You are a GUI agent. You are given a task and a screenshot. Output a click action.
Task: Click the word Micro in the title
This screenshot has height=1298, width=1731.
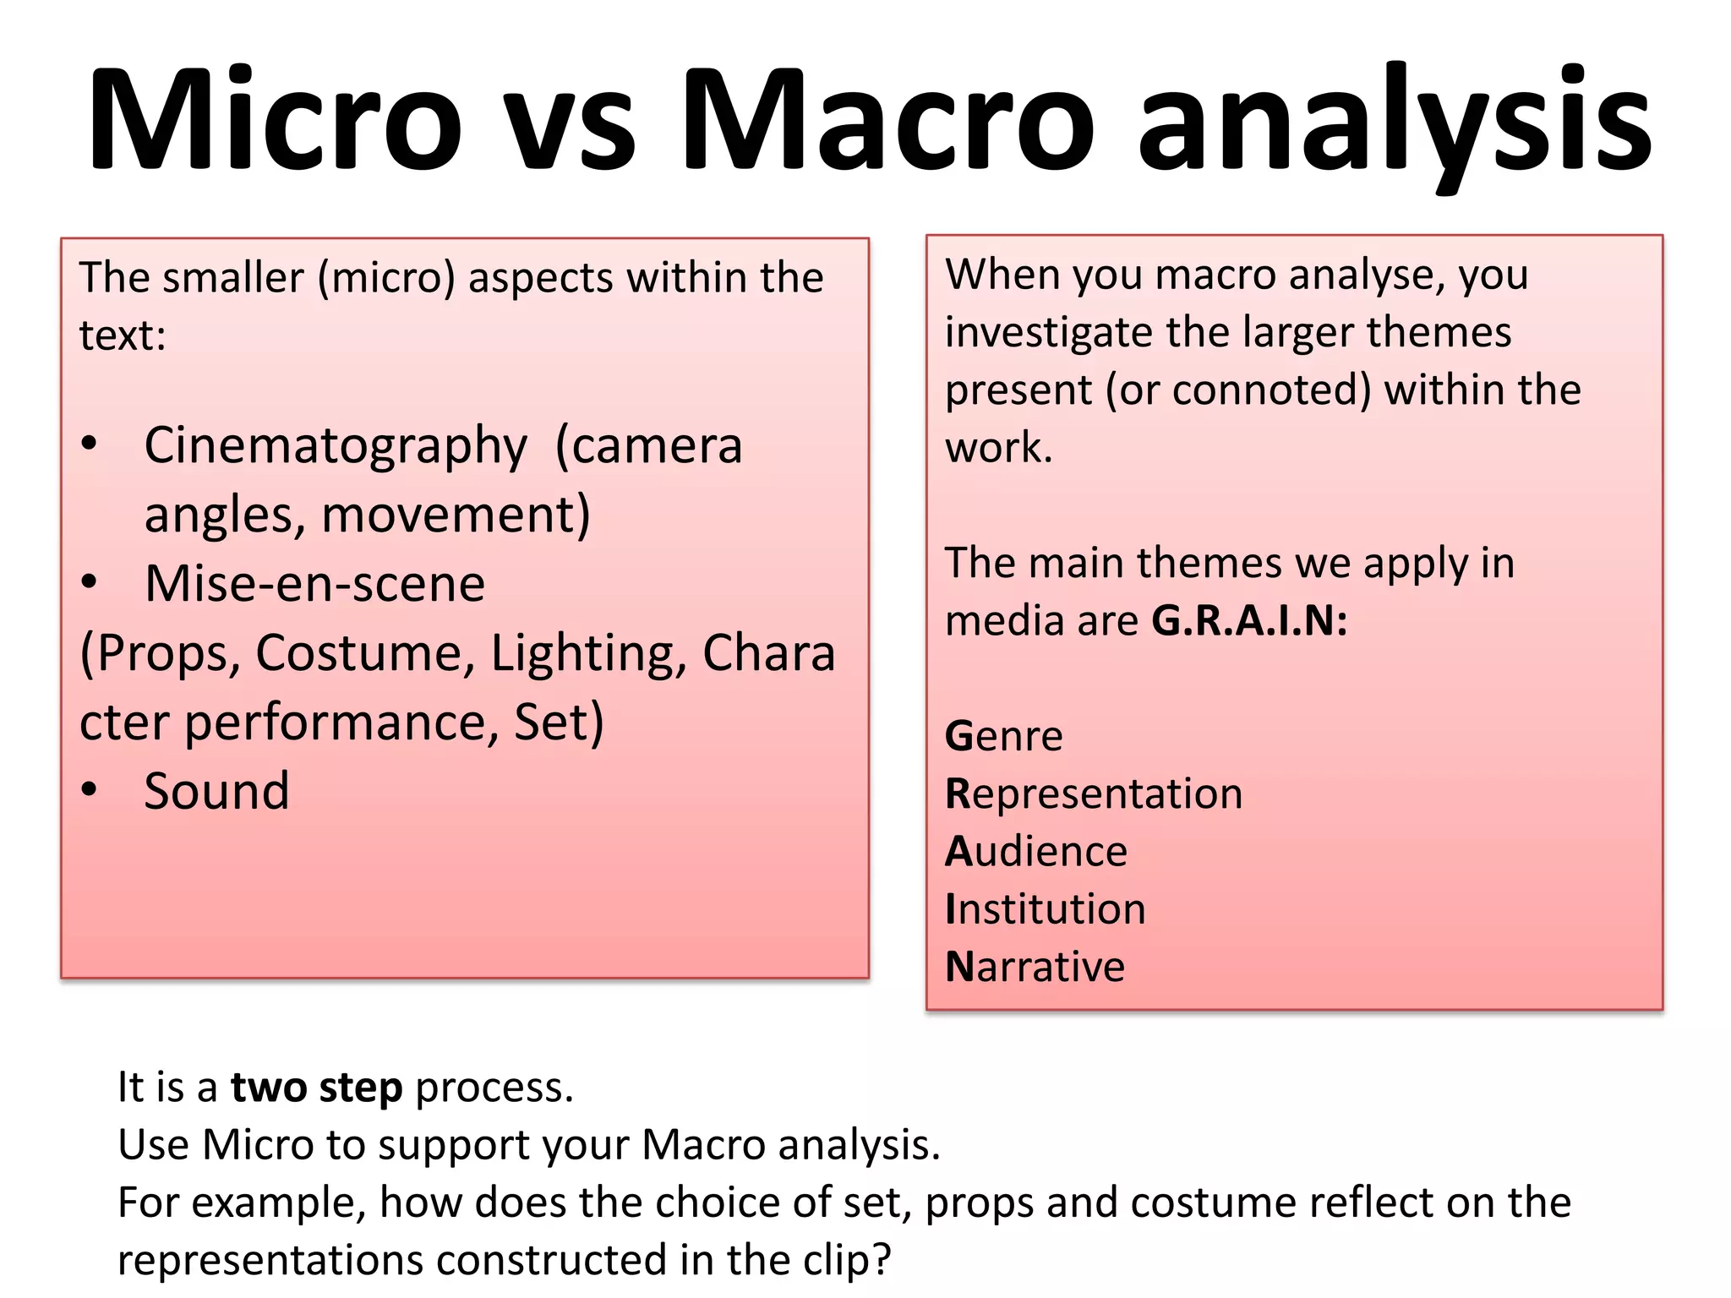pyautogui.click(x=276, y=119)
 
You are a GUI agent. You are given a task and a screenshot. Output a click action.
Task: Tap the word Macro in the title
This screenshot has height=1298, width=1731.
pyautogui.click(x=887, y=119)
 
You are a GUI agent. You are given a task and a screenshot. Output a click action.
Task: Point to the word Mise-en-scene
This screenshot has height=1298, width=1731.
pyautogui.click(x=314, y=585)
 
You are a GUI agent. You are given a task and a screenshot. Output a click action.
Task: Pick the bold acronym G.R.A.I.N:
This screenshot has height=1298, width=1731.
pyautogui.click(x=1249, y=622)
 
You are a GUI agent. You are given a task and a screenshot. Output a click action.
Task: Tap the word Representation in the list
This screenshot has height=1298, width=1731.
pyautogui.click(x=1094, y=794)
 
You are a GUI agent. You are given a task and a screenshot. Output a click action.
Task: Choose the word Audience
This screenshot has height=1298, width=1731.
pyautogui.click(x=1036, y=852)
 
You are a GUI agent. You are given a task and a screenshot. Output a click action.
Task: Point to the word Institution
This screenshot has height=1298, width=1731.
pyautogui.click(x=1045, y=909)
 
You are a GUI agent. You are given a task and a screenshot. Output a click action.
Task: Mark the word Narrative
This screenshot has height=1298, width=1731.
pyautogui.click(x=1035, y=967)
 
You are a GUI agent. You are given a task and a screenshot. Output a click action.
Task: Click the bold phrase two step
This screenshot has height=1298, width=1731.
pyautogui.click(x=317, y=1088)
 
